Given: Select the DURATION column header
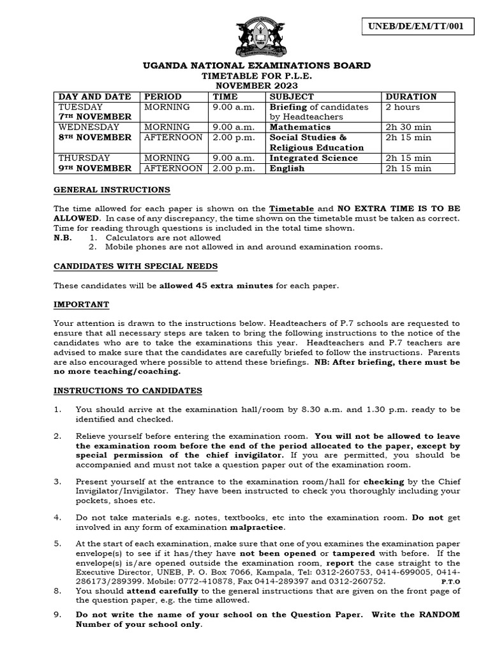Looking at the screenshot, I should pyautogui.click(x=412, y=96).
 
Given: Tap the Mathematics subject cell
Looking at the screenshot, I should pyautogui.click(x=300, y=127).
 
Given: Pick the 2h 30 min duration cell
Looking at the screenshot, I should pyautogui.click(x=408, y=127).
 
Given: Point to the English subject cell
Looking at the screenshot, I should pyautogui.click(x=287, y=168).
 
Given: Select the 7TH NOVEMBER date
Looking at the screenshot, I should pyautogui.click(x=95, y=117).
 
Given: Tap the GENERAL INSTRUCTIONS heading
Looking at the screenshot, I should pyautogui.click(x=112, y=189).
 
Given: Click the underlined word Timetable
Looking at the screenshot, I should pyautogui.click(x=292, y=209).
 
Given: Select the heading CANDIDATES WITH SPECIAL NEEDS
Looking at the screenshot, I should pyautogui.click(x=135, y=265).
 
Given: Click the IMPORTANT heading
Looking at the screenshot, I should pyautogui.click(x=81, y=304).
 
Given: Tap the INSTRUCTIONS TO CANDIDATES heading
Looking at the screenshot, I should pyautogui.click(x=128, y=390).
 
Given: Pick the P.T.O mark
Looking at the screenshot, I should pyautogui.click(x=450, y=582).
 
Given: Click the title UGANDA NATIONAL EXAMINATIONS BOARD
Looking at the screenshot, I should pyautogui.click(x=257, y=66).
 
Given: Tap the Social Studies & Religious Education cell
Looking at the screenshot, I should pyautogui.click(x=316, y=142).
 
